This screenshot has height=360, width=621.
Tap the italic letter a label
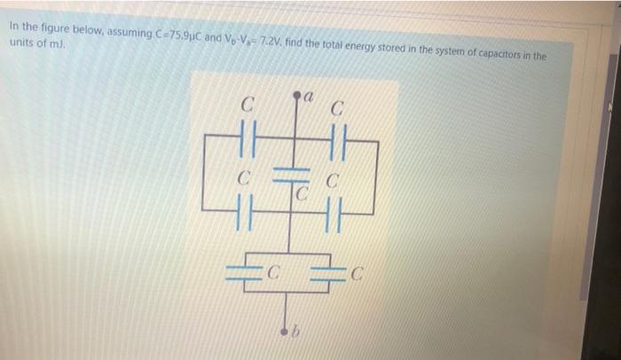309,90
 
